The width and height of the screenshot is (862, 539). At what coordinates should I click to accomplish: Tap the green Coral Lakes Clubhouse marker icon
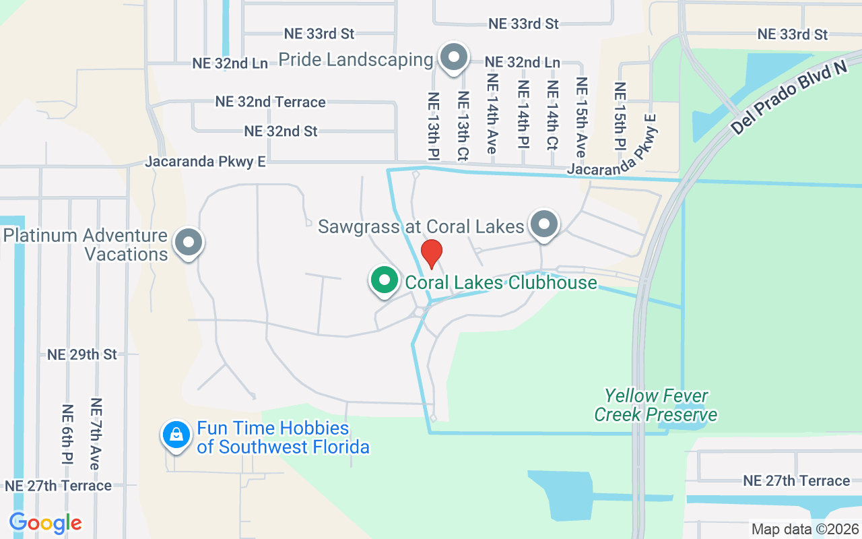pyautogui.click(x=385, y=280)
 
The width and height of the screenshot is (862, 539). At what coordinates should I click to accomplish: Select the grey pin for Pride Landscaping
pyautogui.click(x=455, y=57)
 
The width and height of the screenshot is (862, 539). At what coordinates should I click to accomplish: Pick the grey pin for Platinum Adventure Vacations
pyautogui.click(x=189, y=242)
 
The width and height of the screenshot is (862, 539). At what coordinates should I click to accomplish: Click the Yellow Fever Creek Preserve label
pyautogui.click(x=655, y=405)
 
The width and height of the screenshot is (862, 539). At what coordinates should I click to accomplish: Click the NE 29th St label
pyautogui.click(x=82, y=354)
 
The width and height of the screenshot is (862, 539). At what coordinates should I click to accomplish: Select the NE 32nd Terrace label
pyautogui.click(x=271, y=102)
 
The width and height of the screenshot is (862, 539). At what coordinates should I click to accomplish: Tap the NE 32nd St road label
pyautogui.click(x=281, y=131)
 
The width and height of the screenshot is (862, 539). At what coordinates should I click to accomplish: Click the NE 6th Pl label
pyautogui.click(x=67, y=435)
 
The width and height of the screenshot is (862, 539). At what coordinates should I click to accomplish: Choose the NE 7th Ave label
pyautogui.click(x=96, y=435)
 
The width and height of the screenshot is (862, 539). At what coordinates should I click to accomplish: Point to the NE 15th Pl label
pyautogui.click(x=620, y=116)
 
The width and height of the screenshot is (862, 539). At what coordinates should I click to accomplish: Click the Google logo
pyautogui.click(x=45, y=523)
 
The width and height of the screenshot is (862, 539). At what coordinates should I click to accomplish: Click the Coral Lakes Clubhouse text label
pyautogui.click(x=501, y=282)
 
